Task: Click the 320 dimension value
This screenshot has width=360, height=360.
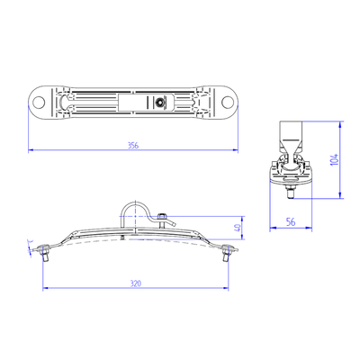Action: click(135, 283)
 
